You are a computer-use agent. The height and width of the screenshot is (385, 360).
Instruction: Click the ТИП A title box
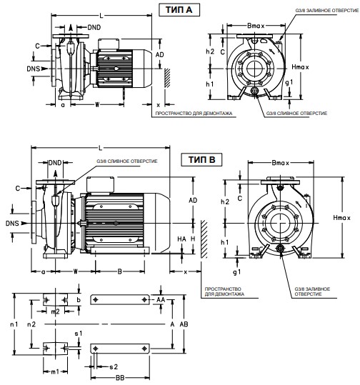coord(179,10)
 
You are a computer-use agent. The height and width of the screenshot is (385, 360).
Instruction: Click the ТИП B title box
coord(201,160)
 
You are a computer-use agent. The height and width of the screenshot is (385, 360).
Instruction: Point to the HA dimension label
coord(181,239)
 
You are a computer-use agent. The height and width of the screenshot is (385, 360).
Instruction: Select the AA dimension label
coord(161,300)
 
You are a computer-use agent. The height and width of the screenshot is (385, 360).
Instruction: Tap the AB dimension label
coord(184,324)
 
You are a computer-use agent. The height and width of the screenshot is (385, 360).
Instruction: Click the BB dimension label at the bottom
coord(120,378)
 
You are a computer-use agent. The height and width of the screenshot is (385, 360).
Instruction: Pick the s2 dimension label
coord(114,367)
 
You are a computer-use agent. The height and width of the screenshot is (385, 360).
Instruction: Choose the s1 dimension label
coord(79,334)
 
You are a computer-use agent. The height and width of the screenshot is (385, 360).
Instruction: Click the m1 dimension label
coord(55,371)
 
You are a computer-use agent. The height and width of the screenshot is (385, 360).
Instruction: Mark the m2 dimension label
coord(55,311)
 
